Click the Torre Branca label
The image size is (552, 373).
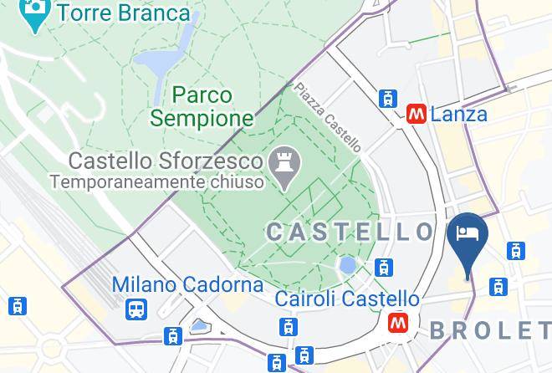[123, 13]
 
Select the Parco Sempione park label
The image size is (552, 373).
[202, 106]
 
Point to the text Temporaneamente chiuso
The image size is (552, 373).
[156, 181]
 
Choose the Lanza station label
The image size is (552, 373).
[459, 114]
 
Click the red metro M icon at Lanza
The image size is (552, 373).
[416, 114]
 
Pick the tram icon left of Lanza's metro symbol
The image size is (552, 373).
[387, 98]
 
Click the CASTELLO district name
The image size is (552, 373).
[350, 232]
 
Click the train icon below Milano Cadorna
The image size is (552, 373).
[135, 310]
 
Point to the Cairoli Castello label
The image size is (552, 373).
[348, 299]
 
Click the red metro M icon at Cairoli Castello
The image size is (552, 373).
[397, 322]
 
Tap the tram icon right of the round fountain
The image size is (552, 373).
[384, 268]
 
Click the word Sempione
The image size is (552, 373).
[202, 118]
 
